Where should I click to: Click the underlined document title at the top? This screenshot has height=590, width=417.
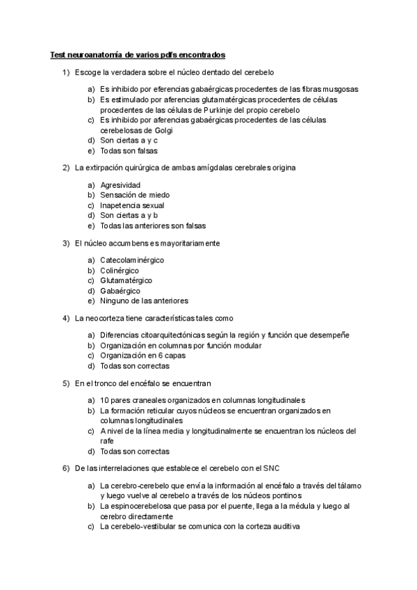tap(138, 54)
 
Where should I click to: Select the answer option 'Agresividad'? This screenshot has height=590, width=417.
tap(120, 185)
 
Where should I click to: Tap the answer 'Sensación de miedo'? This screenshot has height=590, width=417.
tap(135, 196)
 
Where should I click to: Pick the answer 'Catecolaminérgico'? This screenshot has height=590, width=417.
tap(132, 260)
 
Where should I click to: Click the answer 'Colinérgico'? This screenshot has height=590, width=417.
tap(120, 270)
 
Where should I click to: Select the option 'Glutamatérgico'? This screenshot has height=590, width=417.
tap(126, 280)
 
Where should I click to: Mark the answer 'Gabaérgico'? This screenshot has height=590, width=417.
tap(120, 291)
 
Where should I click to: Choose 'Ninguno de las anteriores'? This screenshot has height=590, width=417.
tap(144, 301)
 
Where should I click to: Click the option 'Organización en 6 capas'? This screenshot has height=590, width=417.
tap(142, 356)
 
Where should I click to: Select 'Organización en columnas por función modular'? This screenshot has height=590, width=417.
tap(181, 345)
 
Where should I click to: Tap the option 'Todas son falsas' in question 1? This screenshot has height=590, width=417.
tap(129, 150)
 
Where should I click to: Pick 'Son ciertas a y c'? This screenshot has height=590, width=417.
tap(129, 140)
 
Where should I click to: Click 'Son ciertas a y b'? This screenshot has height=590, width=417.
tap(129, 216)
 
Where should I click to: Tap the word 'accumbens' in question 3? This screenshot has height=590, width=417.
tap(137, 244)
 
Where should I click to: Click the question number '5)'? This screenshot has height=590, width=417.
tap(66, 383)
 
